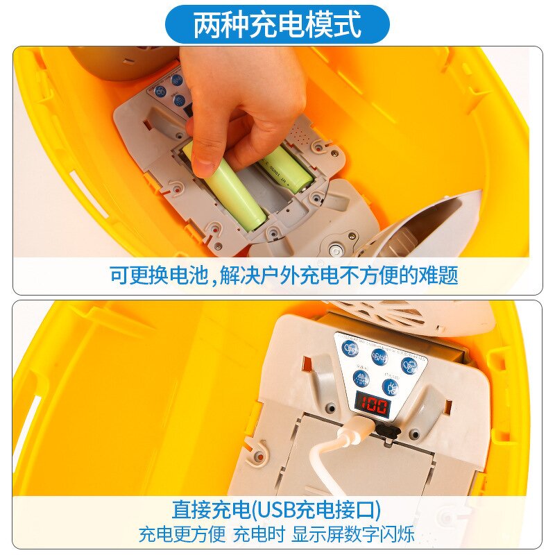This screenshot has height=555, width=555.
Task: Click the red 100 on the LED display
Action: click(373, 405)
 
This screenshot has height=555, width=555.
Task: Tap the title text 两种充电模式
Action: click(277, 25)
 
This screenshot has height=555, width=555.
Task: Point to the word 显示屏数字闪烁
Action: click(353, 534)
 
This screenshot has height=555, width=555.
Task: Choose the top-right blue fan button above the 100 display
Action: click(409, 364)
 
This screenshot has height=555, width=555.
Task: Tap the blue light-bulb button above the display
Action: click(391, 386)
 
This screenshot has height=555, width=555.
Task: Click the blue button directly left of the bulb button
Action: click(361, 379)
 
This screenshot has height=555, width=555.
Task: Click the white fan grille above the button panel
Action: click(409, 316)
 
